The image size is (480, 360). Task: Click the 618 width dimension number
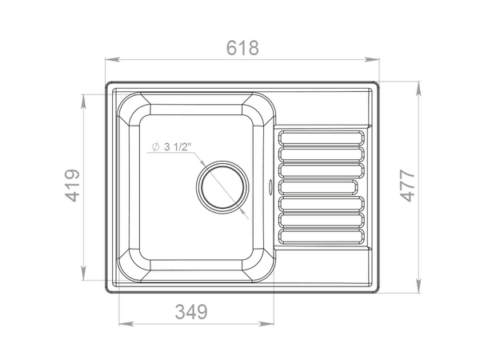[242, 48]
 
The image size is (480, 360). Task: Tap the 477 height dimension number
[408, 186]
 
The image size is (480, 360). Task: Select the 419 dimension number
[73, 186]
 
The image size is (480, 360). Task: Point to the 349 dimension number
[191, 312]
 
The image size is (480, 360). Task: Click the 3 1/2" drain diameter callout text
[178, 146]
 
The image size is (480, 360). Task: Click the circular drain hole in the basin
[222, 187]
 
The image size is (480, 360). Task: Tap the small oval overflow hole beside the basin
[270, 186]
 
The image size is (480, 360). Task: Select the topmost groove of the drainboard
[322, 138]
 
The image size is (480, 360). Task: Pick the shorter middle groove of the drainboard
[318, 186]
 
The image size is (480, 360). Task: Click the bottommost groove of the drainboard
[322, 236]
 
